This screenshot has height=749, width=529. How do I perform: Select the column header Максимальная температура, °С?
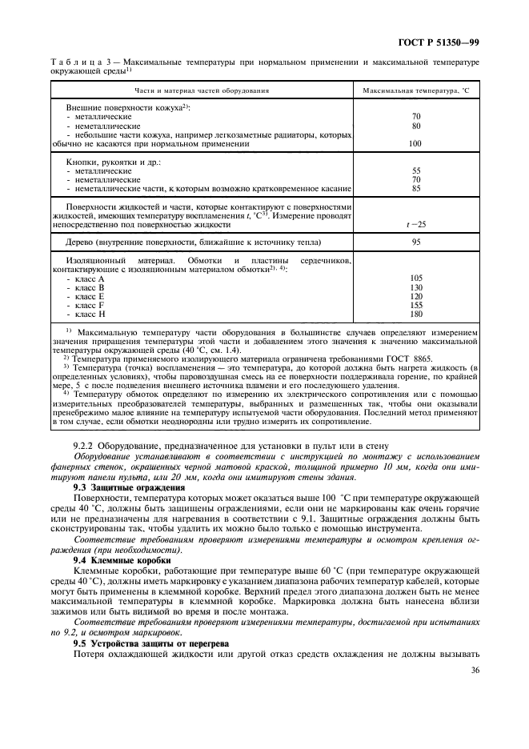coord(416,90)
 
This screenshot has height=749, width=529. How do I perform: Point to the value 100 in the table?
coord(415,144)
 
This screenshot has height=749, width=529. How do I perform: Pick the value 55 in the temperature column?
coord(415,171)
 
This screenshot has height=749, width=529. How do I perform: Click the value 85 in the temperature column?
coord(415,189)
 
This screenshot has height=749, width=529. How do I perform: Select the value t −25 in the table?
coord(415,224)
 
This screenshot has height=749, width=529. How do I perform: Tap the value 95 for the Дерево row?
coord(415,242)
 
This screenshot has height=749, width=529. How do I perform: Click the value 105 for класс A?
coord(415,278)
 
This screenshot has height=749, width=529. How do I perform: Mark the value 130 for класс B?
coord(415,286)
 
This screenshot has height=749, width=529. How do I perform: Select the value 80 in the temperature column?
coord(415,126)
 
